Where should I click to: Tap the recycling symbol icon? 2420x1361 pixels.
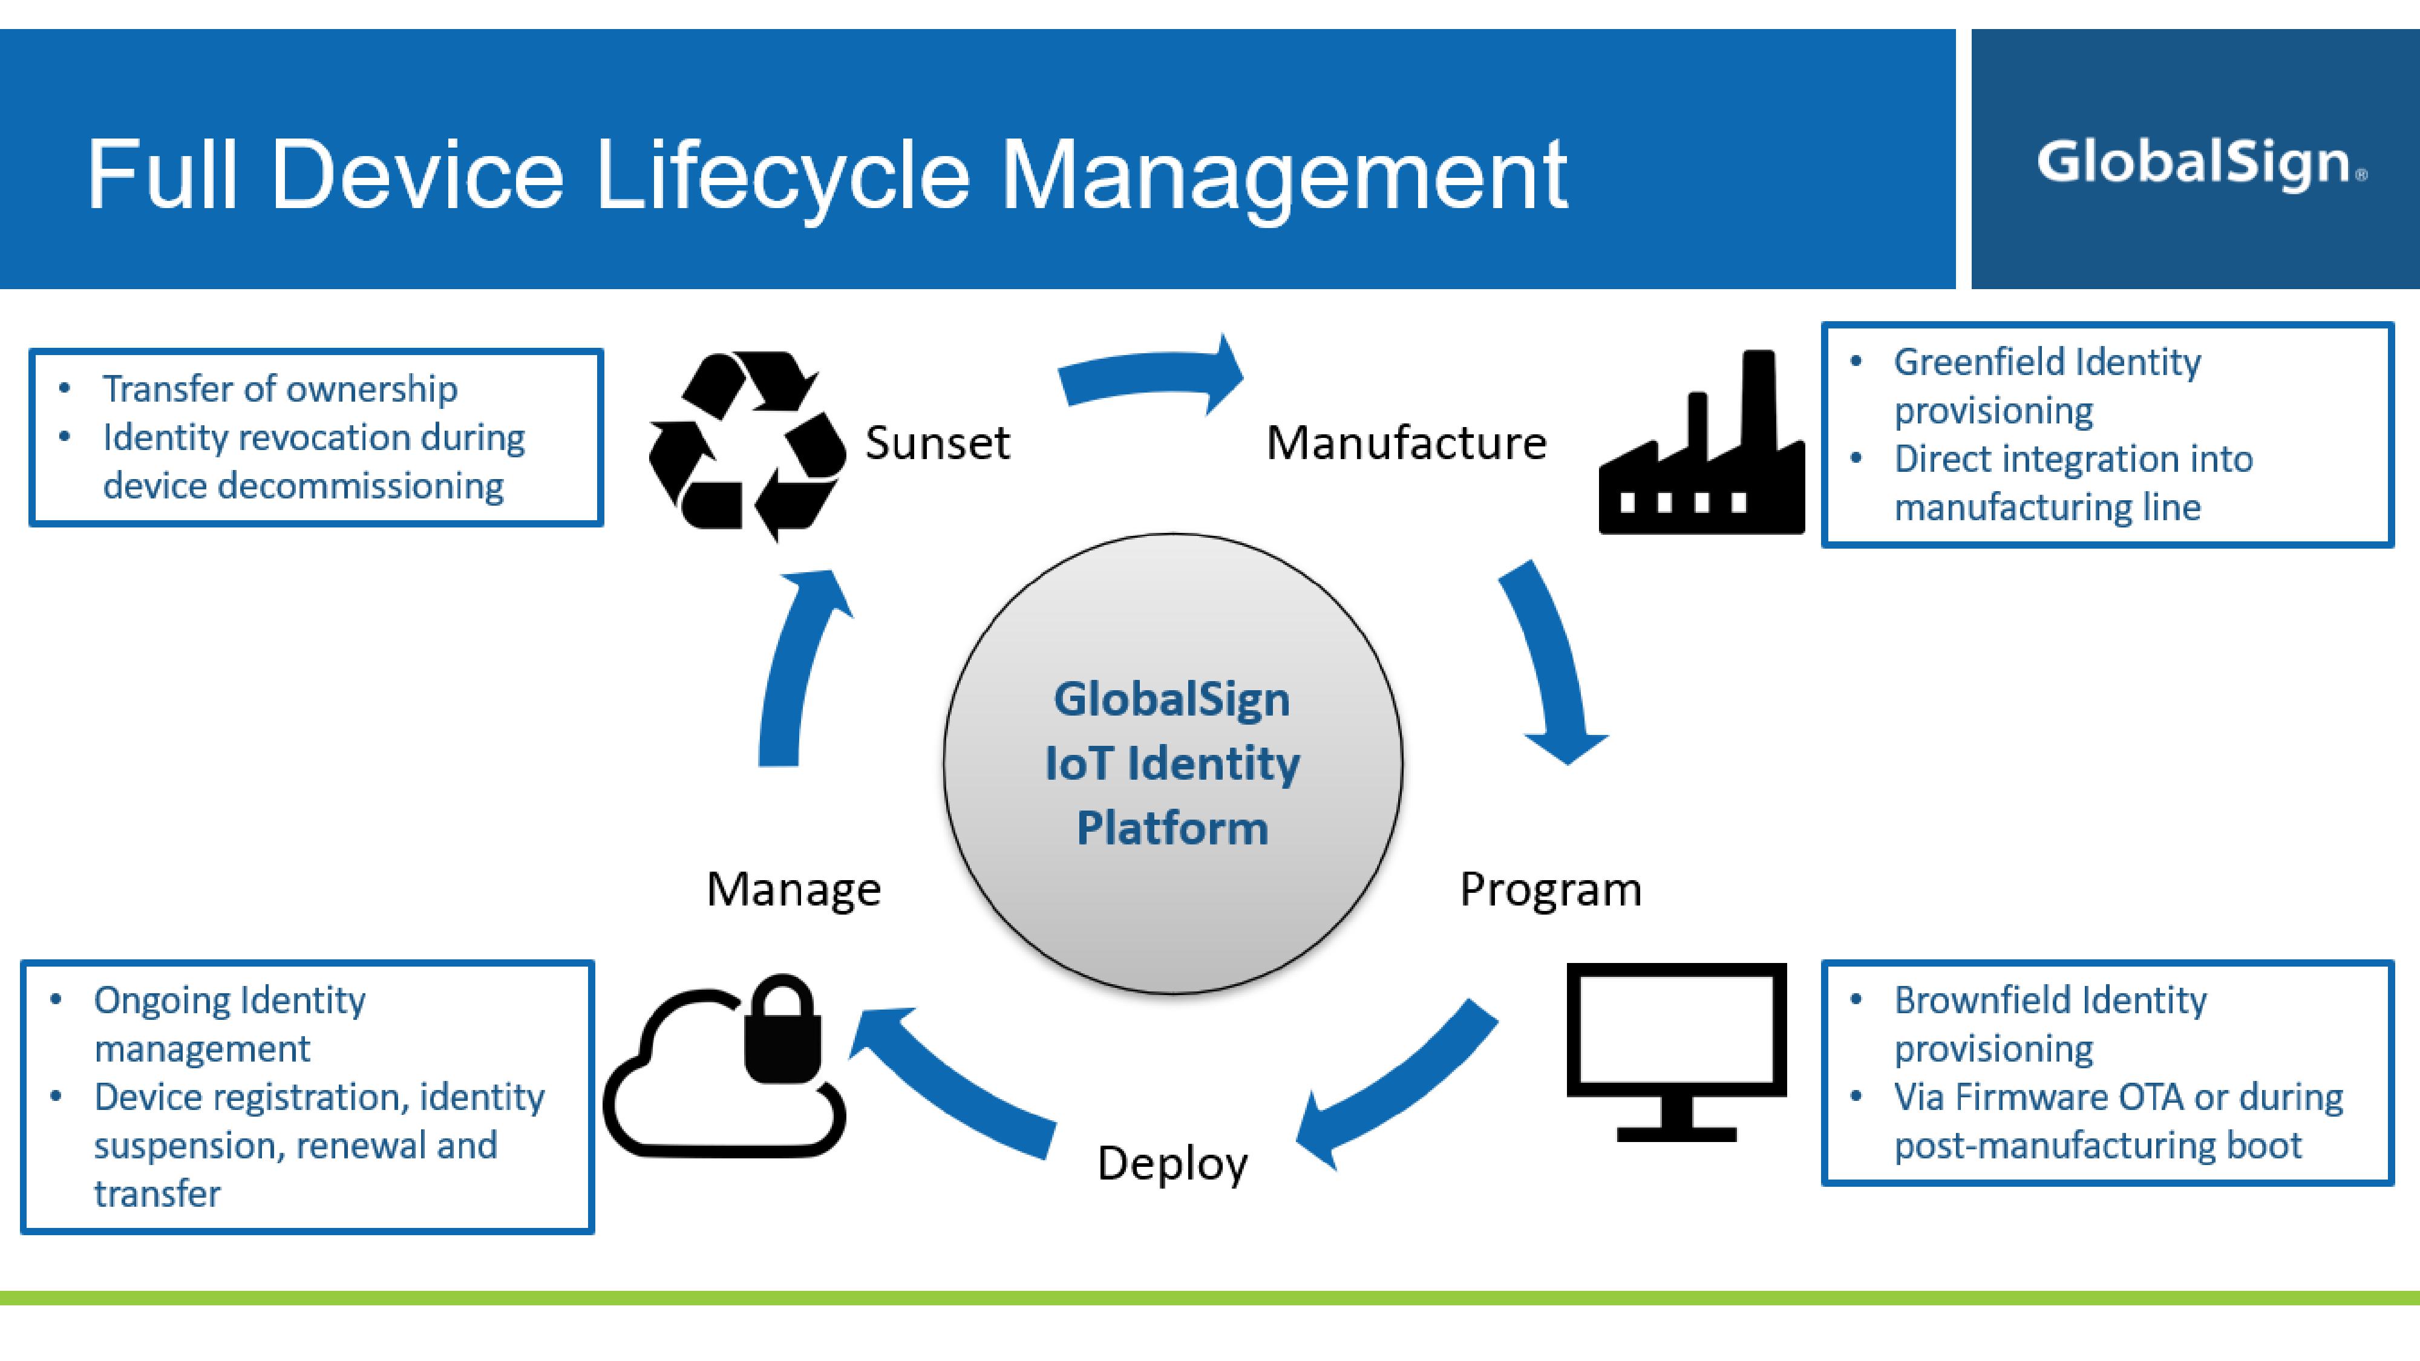(747, 444)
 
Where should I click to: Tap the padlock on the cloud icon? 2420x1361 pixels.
(782, 1030)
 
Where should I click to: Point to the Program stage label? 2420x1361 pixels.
(1550, 889)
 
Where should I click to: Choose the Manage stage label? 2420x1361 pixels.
(794, 889)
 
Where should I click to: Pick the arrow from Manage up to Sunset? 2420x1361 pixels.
(799, 667)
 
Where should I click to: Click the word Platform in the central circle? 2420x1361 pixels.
(1172, 829)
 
